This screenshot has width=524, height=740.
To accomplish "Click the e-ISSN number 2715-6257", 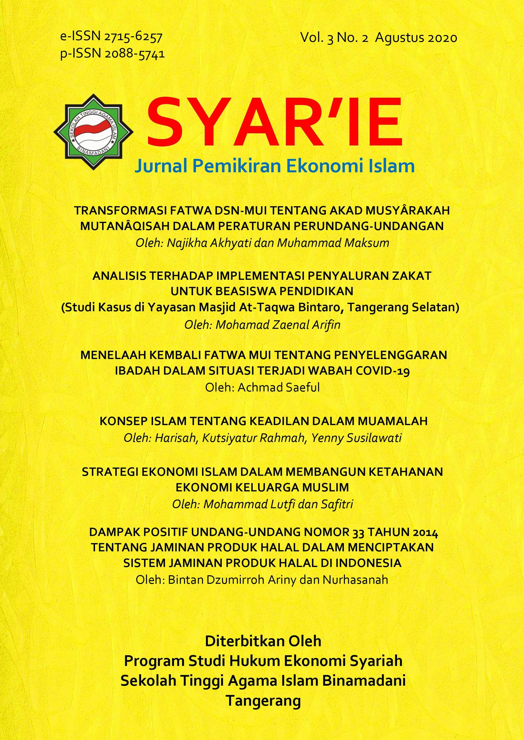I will [x=133, y=37].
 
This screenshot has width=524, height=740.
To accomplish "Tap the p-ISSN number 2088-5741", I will [x=135, y=54].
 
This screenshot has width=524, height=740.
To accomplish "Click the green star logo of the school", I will [x=94, y=132].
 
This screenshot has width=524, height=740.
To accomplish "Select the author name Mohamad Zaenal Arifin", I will [x=278, y=325].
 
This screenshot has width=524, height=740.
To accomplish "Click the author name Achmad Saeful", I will [x=278, y=387].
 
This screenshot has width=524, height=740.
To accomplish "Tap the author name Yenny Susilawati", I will [x=356, y=438].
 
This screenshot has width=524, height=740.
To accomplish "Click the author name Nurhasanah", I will [x=355, y=579].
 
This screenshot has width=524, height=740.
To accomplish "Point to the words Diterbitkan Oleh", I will [x=263, y=641].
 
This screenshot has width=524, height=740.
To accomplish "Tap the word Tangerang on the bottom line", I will [x=263, y=701].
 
